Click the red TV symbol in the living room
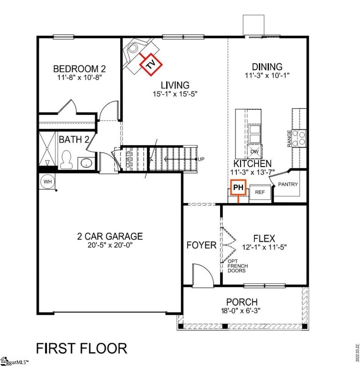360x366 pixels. (150, 65)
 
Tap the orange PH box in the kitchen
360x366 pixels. (237, 187)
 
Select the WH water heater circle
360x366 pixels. (48, 182)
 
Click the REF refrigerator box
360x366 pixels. (260, 192)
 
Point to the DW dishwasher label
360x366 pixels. (254, 152)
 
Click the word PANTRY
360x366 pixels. (288, 185)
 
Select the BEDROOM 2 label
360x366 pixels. (80, 69)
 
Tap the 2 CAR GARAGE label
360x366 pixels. (110, 237)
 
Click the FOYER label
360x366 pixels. (201, 246)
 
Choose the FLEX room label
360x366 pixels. (264, 238)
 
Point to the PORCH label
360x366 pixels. (242, 302)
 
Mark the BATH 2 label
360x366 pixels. (74, 140)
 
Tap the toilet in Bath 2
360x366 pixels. (67, 158)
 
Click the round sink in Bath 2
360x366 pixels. (85, 162)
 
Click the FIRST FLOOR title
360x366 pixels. (81, 348)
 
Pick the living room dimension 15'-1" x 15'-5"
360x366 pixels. (175, 94)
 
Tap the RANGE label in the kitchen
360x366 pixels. (289, 138)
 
